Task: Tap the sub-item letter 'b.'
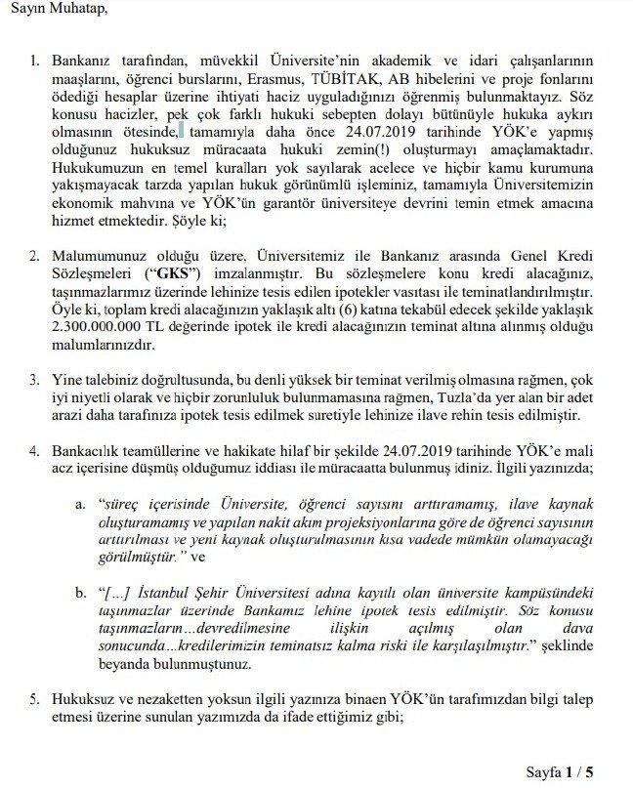click(82, 595)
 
